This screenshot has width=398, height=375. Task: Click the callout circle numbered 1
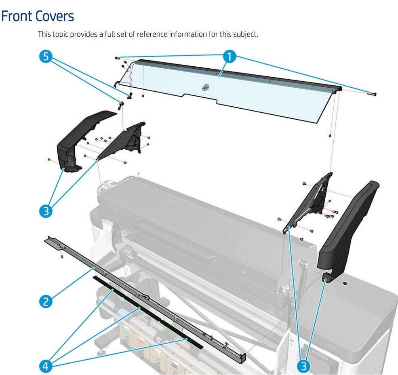(229, 57)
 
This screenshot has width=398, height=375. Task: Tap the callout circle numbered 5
(46, 57)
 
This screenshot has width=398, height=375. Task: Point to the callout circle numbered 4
(46, 366)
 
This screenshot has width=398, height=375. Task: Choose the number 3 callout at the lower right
(304, 366)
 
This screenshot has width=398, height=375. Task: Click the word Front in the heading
(17, 16)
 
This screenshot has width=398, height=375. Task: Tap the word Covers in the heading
(55, 16)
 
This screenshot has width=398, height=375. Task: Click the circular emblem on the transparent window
(205, 87)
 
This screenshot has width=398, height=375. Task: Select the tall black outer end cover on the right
(347, 226)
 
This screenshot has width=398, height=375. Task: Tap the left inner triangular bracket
(123, 141)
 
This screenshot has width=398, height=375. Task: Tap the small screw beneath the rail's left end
(61, 257)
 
